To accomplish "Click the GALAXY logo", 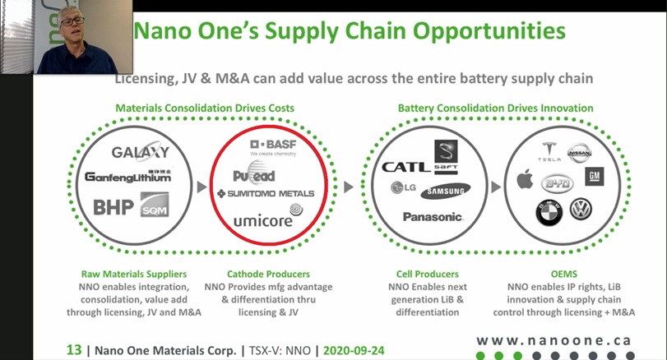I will [x=140, y=152].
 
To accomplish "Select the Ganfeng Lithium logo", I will [x=127, y=177].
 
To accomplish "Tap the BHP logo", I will [x=113, y=206].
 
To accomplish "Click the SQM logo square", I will [x=155, y=205].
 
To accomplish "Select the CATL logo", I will [x=405, y=167].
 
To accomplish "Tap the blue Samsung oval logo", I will [x=445, y=192].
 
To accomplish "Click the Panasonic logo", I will [x=433, y=217].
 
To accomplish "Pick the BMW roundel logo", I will [x=548, y=215].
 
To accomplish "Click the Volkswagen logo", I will [x=581, y=210].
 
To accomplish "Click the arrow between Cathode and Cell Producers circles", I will [x=348, y=187].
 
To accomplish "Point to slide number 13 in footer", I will [x=74, y=350].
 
